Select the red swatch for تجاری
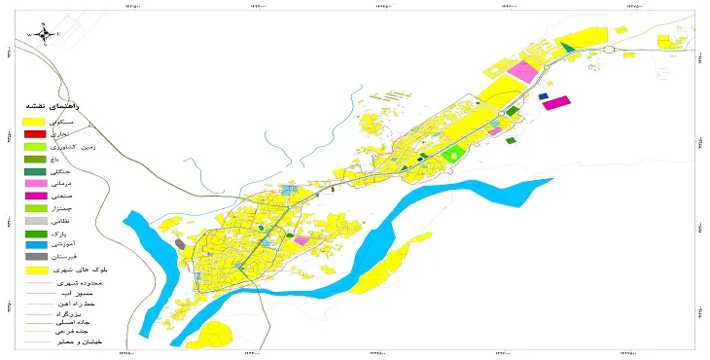pyautogui.click(x=34, y=133)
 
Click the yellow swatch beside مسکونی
pyautogui.click(x=34, y=121)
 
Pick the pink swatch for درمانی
pyautogui.click(x=34, y=183)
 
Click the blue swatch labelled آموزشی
pyautogui.click(x=34, y=245)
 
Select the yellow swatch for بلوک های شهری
pyautogui.click(x=34, y=270)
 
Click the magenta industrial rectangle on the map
pyautogui.click(x=556, y=101)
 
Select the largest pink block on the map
pyautogui.click(x=524, y=72)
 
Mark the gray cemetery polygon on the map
pyautogui.click(x=179, y=243)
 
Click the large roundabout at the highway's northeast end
pyautogui.click(x=611, y=50)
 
